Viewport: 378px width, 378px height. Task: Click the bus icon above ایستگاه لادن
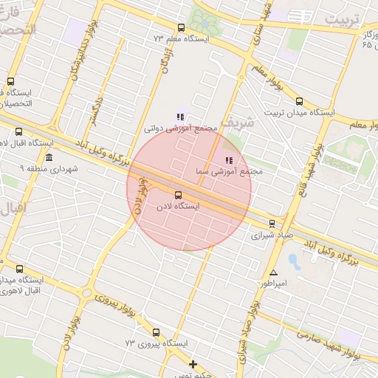point(177,195)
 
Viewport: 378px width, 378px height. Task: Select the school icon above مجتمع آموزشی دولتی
point(180,116)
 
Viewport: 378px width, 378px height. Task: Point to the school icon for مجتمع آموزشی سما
point(229,159)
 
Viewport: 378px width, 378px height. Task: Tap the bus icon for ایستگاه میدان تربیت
point(298,102)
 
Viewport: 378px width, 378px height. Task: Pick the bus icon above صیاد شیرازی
point(272,224)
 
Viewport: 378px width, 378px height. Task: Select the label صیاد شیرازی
point(272,236)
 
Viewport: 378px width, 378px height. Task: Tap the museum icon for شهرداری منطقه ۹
point(49,159)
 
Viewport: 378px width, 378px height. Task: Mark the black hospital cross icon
point(193,364)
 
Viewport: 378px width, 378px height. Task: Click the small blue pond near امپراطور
point(295,261)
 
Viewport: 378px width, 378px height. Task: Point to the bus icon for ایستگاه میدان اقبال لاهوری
point(19,269)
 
